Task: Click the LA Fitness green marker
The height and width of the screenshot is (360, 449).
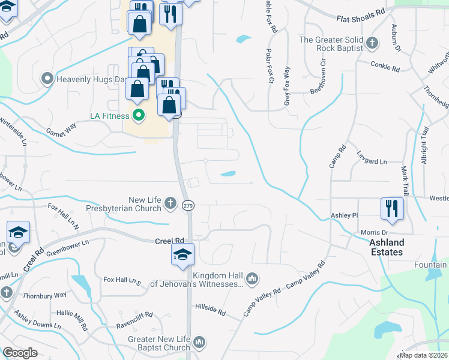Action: pos(139,114)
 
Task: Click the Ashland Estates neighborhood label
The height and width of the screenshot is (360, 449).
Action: pos(386,247)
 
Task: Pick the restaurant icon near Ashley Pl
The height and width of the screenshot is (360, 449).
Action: pos(392,209)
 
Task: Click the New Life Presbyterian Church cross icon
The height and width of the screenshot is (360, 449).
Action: pos(170,202)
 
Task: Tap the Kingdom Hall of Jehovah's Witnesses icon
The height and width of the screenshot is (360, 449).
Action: pos(252,277)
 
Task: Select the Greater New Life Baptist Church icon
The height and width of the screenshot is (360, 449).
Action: pos(199,343)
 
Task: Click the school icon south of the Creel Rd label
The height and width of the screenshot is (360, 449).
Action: pos(182,254)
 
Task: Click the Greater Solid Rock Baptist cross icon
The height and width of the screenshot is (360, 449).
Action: pos(372,43)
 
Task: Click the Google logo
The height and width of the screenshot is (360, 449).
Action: pos(20,353)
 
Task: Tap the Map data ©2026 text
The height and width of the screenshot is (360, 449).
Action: pos(423,355)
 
